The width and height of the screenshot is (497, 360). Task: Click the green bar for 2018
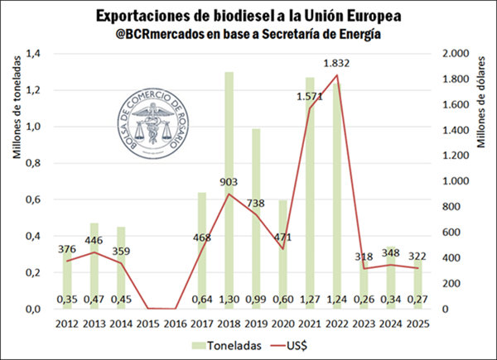click(229, 190)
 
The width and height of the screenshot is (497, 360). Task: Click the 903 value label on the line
click(229, 181)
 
